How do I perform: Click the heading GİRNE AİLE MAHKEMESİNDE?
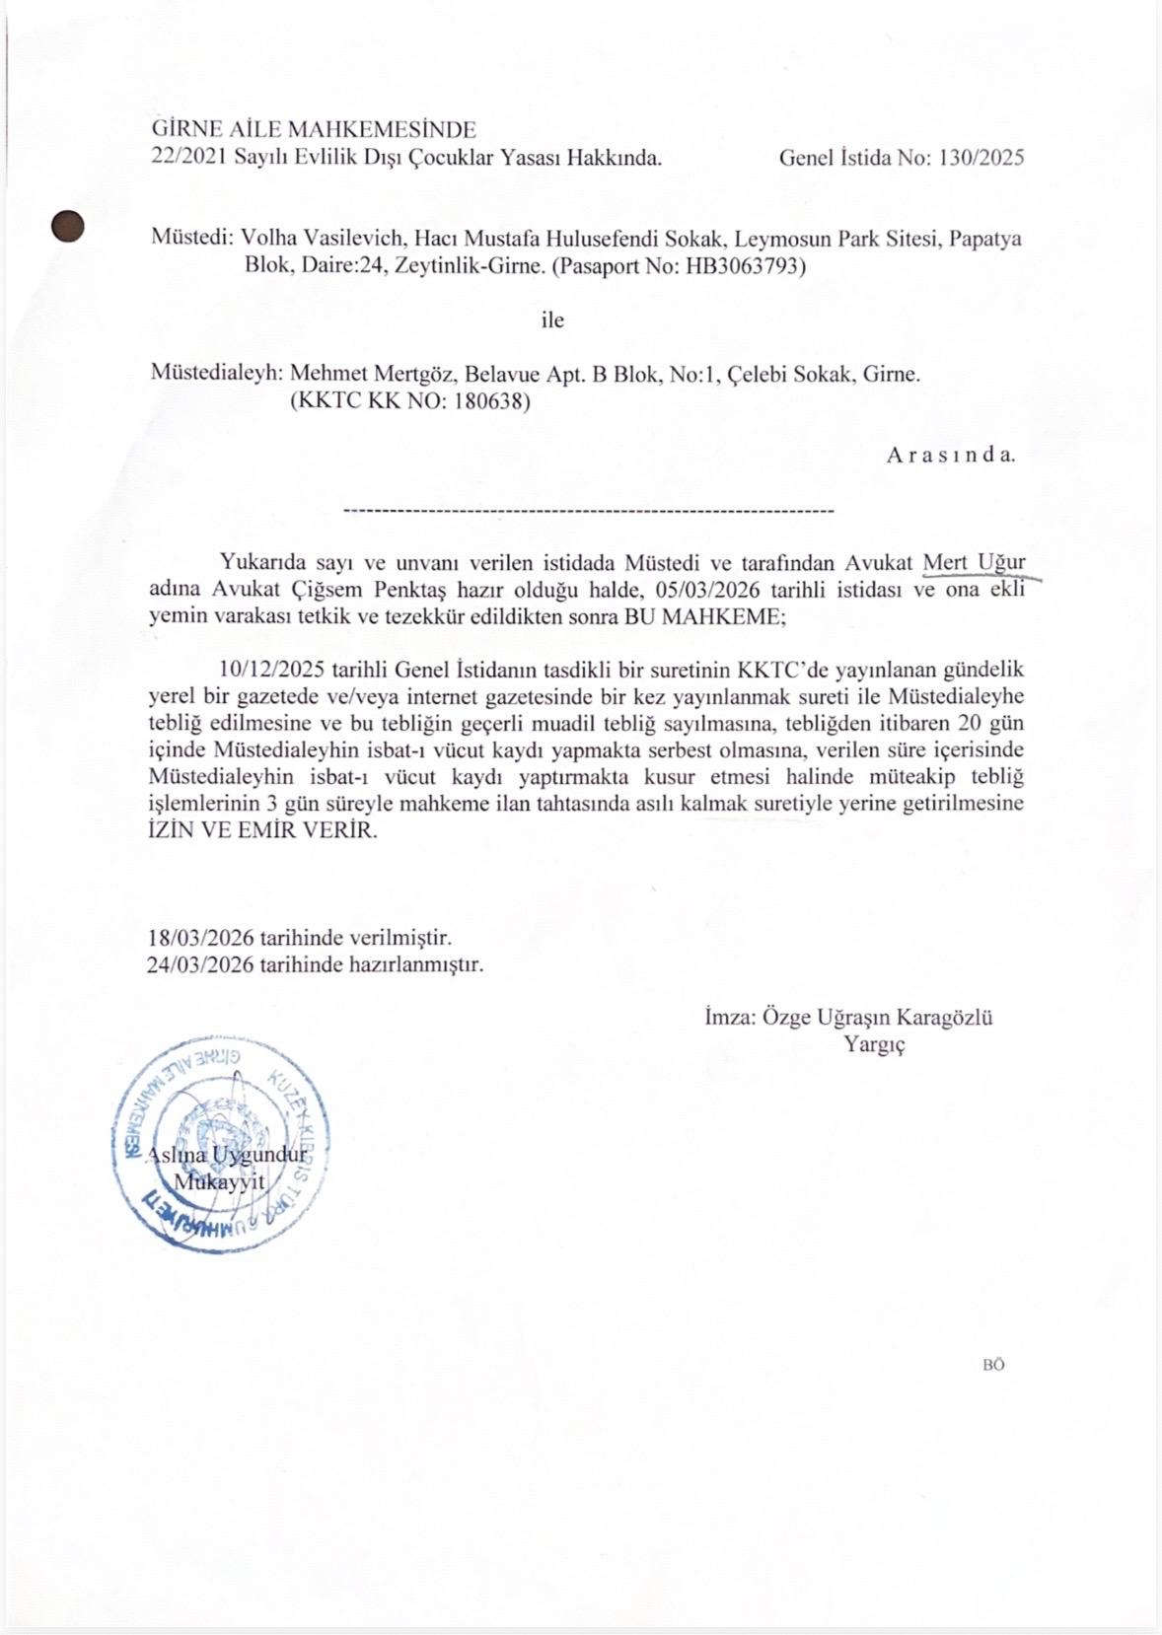314,129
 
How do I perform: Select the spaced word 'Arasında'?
950,456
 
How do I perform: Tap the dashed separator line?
588,512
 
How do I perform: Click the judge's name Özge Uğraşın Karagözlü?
877,1018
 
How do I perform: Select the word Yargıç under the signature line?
874,1044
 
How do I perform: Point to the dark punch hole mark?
67,227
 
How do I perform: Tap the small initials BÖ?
992,1365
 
